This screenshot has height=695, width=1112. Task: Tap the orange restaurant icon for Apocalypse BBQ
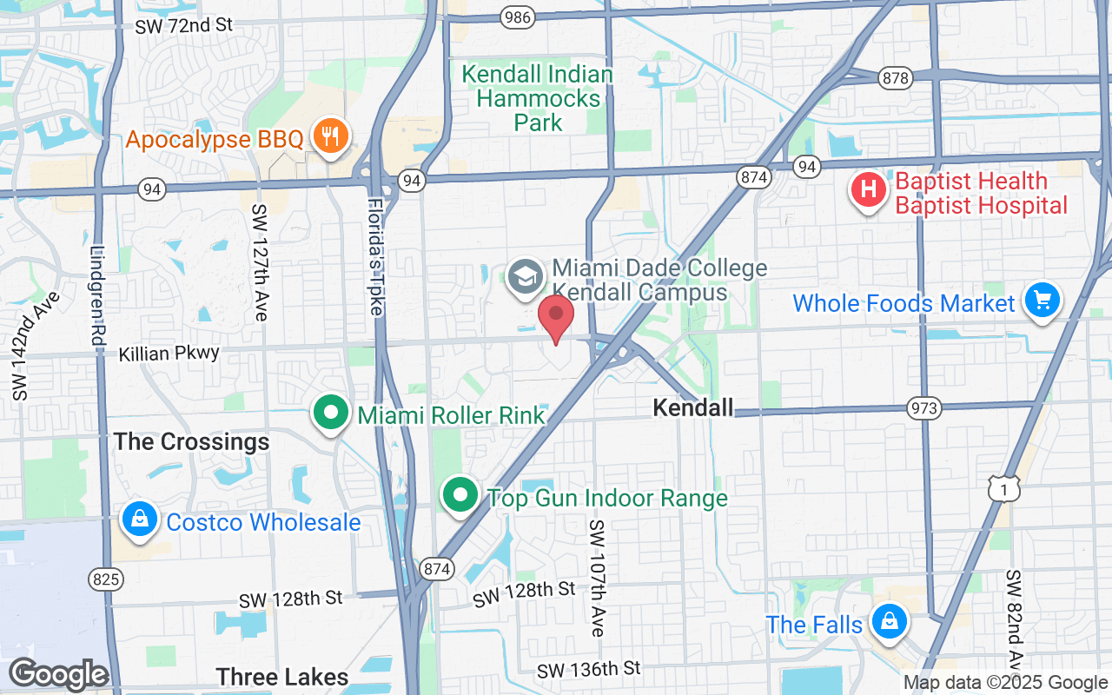point(330,136)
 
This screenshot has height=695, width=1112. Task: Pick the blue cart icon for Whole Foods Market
point(1042,301)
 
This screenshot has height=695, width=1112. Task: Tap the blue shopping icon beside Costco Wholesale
point(139,520)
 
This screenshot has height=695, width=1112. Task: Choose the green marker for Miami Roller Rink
point(331,414)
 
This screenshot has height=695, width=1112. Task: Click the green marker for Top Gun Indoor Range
point(460,496)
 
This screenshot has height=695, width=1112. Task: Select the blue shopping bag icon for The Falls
point(890,622)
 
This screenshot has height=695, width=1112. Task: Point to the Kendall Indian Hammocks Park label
point(537,98)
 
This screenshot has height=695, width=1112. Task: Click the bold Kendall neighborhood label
point(692,407)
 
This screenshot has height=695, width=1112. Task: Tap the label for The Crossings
point(192,442)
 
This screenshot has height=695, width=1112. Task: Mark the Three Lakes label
point(281,677)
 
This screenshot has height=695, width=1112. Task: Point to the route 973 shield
point(923,407)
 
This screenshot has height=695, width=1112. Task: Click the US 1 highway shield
point(999,490)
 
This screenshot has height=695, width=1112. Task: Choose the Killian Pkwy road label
point(170,354)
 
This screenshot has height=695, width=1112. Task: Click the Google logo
point(58,674)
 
